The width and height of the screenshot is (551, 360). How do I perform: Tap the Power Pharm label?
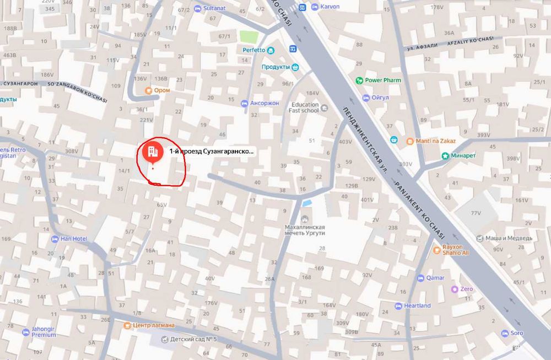pos(383,80)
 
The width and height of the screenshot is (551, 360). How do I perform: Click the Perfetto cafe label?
pos(255,50)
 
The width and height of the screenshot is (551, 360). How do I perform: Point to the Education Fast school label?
pos(305,108)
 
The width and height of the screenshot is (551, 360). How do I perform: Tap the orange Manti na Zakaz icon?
pos(410,141)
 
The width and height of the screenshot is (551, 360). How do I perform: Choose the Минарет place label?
pos(463,156)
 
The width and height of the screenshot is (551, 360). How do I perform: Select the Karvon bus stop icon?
pos(302,7)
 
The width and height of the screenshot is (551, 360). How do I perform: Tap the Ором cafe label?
pos(161,90)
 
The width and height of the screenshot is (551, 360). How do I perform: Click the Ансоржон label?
pos(264,103)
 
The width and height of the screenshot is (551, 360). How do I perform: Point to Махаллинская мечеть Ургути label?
pos(304,230)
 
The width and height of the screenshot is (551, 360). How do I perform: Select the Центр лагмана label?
pos(153,325)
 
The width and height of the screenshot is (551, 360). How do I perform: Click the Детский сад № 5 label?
pos(193,340)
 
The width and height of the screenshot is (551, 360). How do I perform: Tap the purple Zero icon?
pos(454,289)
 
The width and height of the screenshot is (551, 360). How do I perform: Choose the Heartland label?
pos(417,305)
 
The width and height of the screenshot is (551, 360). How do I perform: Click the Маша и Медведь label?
pos(508,238)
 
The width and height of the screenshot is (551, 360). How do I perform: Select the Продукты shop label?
pos(275,67)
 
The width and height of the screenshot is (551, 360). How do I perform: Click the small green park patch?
pos(249,37)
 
